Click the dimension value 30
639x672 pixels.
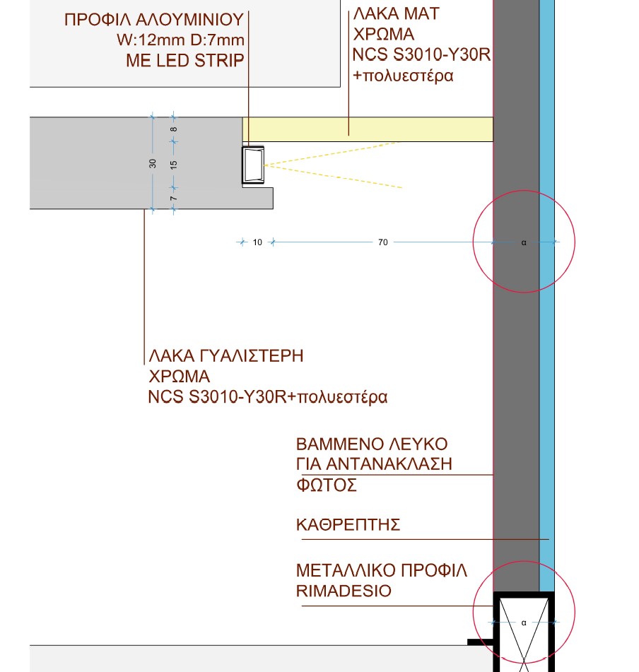pyautogui.click(x=153, y=163)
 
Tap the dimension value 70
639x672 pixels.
pyautogui.click(x=383, y=242)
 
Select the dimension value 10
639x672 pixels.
pyautogui.click(x=257, y=242)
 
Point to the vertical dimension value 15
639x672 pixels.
pyautogui.click(x=174, y=164)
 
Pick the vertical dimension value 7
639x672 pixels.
pyautogui.click(x=174, y=199)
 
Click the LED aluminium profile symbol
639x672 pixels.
pyautogui.click(x=253, y=165)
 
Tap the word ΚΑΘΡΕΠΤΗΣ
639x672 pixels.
pyautogui.click(x=348, y=525)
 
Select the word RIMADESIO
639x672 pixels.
pyautogui.click(x=344, y=591)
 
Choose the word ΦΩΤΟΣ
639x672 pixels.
pyautogui.click(x=327, y=485)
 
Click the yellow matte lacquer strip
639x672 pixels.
pyautogui.click(x=368, y=129)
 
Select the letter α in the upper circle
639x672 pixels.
pyautogui.click(x=524, y=242)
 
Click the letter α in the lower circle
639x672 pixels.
pyautogui.click(x=524, y=623)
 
